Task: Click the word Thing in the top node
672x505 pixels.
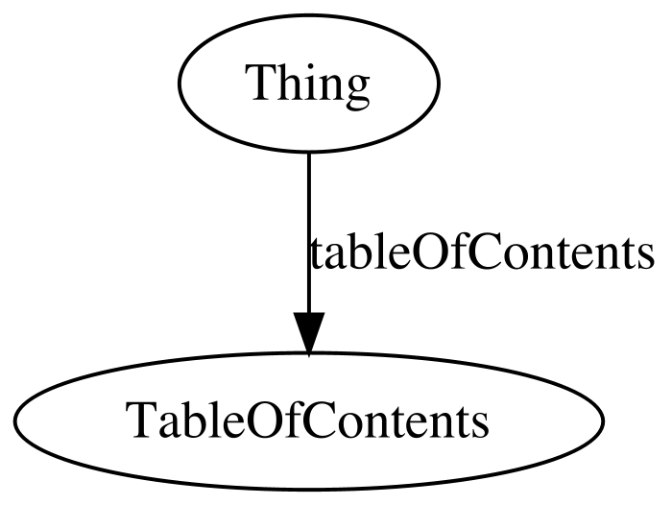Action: (307, 85)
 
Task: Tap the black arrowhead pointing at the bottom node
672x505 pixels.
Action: (308, 333)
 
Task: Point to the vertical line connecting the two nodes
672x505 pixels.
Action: (308, 232)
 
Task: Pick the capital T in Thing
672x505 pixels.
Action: (261, 83)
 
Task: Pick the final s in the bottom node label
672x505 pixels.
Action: (480, 425)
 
